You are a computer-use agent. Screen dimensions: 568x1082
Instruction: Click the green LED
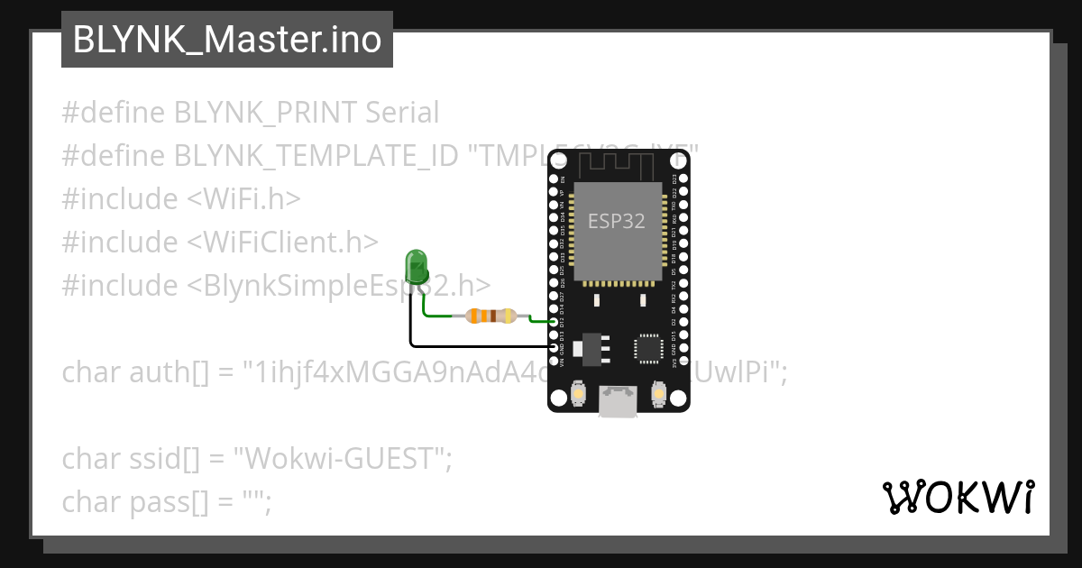417,267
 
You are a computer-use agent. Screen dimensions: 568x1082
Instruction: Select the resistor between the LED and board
491,316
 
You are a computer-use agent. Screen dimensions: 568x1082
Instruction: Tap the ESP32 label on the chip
617,221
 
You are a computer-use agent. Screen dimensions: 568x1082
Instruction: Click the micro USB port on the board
619,401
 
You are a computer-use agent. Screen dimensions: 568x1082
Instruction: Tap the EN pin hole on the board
554,179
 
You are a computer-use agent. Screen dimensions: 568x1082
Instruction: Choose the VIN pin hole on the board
554,361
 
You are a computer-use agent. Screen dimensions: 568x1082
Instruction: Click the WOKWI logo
958,497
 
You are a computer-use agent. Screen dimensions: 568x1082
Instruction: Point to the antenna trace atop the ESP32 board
619,164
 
